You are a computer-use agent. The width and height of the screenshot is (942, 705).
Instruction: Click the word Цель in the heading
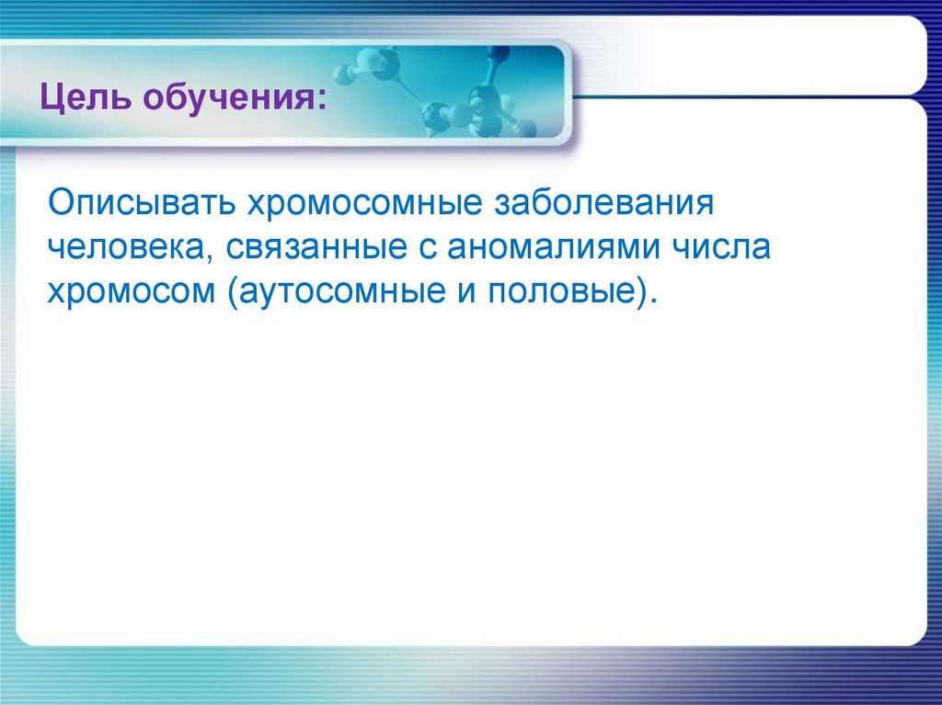(83, 95)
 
